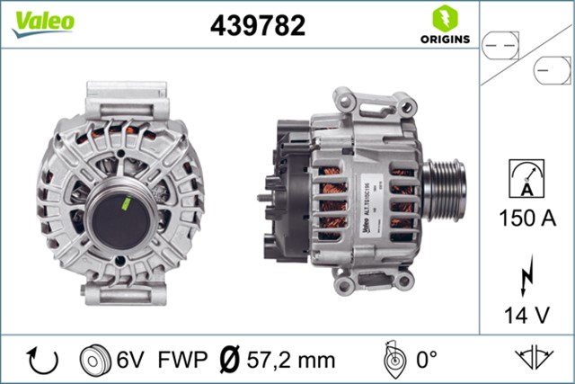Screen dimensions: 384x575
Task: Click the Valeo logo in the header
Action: [42, 24]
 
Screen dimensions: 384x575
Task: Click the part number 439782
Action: [258, 25]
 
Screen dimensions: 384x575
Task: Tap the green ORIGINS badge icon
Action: [443, 18]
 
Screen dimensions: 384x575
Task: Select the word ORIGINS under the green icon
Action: [443, 40]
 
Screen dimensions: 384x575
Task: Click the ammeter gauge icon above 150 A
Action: [526, 178]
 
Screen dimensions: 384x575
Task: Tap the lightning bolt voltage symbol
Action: [526, 272]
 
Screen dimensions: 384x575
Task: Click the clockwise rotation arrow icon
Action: [42, 360]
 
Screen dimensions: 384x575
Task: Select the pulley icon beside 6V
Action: [93, 360]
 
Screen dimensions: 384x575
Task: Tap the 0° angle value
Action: [425, 361]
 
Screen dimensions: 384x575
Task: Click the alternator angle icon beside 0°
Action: [392, 360]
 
